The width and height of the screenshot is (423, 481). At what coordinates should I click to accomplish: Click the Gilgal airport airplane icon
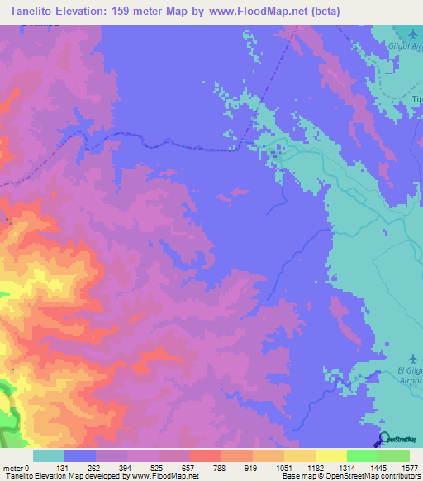click(413, 34)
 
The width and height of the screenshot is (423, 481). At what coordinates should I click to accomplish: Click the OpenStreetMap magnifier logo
click(386, 440)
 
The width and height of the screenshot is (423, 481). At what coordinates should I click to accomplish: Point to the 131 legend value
click(80, 467)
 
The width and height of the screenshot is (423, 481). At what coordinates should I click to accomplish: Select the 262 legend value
click(112, 467)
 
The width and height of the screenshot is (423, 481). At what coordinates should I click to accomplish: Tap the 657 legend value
click(205, 467)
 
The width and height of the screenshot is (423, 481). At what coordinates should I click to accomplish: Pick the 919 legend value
click(268, 467)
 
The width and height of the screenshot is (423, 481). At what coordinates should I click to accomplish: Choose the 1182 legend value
click(331, 467)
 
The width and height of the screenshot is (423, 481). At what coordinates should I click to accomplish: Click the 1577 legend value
click(411, 467)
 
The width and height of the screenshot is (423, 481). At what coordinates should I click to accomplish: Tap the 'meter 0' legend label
click(16, 467)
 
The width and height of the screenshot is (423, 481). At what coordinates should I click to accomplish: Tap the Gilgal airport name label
click(406, 49)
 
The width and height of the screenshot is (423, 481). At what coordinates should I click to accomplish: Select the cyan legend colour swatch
click(49, 455)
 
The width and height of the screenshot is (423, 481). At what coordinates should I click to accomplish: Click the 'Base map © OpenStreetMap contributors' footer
click(350, 476)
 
